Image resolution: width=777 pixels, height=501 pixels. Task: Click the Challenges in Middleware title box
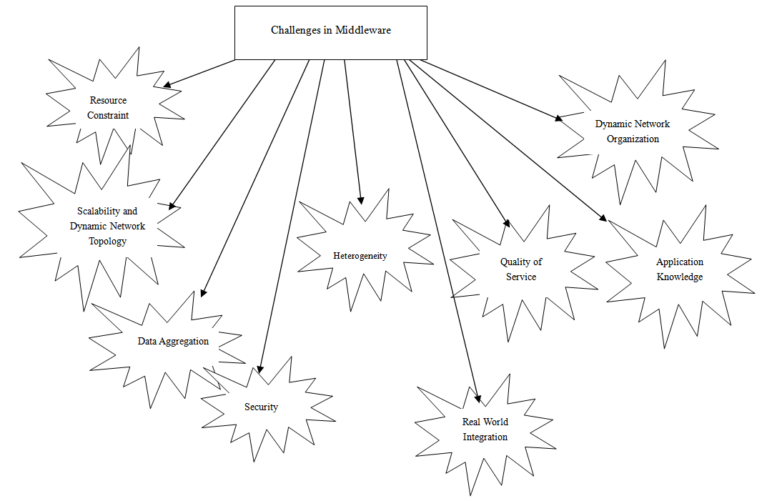point(331,32)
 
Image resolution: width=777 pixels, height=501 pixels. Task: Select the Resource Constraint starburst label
point(108,107)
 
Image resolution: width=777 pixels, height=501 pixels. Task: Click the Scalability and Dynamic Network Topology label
point(107,226)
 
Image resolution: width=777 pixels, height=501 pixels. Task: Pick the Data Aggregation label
point(173,341)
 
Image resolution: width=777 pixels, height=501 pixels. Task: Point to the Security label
point(261,407)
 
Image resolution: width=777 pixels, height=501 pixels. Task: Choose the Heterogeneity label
point(360,255)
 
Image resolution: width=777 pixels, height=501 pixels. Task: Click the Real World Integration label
point(485,429)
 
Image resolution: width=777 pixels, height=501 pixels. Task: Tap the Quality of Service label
point(520,269)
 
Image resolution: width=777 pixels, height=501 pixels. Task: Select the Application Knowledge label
point(679,269)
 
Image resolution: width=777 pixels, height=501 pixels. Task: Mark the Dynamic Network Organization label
point(633,132)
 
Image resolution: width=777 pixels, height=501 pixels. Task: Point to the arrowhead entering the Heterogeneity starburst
point(361,200)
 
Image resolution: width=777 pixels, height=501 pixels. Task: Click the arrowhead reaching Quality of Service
point(507,222)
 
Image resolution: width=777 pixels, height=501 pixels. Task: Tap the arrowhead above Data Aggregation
point(203,292)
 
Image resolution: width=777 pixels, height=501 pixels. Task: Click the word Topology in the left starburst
point(107,242)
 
